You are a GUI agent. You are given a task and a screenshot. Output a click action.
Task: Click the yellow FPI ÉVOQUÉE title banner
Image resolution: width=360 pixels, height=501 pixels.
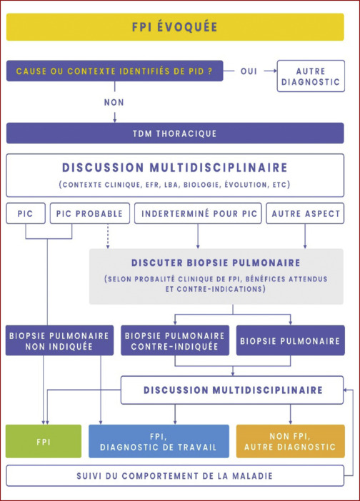coord(175,27)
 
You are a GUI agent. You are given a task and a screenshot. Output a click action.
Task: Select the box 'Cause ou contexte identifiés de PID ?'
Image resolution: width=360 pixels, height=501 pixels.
coord(114,71)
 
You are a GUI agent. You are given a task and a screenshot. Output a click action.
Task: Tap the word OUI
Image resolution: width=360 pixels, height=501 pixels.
coord(249,71)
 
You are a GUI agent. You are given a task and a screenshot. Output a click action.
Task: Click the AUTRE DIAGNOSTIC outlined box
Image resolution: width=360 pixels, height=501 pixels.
coord(311,76)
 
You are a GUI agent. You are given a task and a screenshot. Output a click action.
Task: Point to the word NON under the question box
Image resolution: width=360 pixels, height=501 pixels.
coord(114,102)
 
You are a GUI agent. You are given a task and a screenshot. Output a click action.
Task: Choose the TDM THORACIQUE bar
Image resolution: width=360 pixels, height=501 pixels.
coord(175,133)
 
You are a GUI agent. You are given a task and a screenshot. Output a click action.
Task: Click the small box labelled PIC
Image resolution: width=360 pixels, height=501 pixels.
coord(26,213)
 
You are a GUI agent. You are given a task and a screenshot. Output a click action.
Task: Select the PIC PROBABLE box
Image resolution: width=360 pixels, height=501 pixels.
coord(90,213)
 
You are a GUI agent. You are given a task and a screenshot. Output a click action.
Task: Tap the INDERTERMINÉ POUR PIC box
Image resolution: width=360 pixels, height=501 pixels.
coord(198,213)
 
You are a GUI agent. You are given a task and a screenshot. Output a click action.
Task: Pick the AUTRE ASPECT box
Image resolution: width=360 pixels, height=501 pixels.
coord(305,213)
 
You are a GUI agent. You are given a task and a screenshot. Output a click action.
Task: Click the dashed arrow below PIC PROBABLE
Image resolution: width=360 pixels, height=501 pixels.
coord(108,236)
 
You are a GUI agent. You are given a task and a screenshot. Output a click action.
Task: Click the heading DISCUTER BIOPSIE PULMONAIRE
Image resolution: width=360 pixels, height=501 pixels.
coord(216,263)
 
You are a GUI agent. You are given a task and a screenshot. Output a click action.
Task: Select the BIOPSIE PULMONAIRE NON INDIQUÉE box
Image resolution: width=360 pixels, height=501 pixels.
coord(59,340)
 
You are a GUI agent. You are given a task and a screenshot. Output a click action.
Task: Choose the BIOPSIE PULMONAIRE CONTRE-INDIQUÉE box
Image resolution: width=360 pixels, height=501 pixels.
coord(175,340)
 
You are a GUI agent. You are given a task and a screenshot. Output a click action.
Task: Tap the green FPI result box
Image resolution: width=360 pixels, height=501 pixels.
coord(44,441)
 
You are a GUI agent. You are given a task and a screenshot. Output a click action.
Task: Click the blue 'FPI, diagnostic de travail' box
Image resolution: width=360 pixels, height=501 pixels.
coord(159,441)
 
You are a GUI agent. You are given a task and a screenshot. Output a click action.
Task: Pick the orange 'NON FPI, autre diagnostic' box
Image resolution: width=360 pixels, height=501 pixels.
coord(290,441)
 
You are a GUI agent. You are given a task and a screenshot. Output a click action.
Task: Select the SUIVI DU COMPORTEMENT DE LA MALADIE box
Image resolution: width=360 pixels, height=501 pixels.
coord(175,476)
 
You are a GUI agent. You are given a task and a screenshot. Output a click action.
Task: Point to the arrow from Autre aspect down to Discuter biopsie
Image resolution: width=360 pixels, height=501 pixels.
coord(305,236)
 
